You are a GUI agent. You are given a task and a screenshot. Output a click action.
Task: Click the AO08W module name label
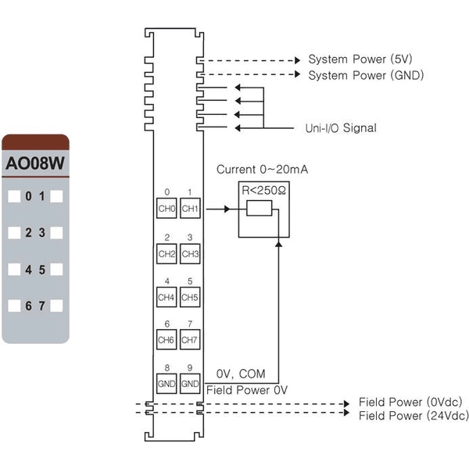(35, 163)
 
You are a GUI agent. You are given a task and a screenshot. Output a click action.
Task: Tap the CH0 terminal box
(166, 208)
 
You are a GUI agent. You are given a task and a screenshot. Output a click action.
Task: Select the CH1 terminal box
(190, 208)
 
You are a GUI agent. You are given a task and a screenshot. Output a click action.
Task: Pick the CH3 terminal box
(190, 253)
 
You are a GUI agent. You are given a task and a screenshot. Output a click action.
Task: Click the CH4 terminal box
(166, 297)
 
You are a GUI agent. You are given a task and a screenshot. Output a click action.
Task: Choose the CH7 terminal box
(190, 339)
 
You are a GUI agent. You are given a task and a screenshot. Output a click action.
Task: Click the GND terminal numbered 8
(166, 384)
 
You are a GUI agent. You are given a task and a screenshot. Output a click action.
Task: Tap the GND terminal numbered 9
(190, 384)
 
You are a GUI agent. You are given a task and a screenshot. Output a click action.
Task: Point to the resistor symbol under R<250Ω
(260, 208)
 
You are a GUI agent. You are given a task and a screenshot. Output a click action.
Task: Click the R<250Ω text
(263, 190)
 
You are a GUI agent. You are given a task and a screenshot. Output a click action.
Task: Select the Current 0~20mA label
(262, 170)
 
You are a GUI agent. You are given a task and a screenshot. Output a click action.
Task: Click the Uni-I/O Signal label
(341, 128)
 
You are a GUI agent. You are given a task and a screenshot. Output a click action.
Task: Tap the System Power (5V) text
(360, 59)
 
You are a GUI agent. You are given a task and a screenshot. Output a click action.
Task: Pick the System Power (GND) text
(366, 75)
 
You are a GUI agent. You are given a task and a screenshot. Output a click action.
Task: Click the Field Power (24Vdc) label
(414, 416)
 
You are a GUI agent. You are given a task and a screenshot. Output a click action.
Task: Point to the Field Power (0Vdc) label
(410, 402)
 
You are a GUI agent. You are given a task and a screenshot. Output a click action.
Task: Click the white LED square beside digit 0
(14, 196)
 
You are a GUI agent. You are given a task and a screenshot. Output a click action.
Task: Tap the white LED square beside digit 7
(56, 306)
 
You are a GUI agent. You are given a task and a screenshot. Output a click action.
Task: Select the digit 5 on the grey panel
(42, 270)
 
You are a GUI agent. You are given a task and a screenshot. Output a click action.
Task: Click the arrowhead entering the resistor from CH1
(227, 209)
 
